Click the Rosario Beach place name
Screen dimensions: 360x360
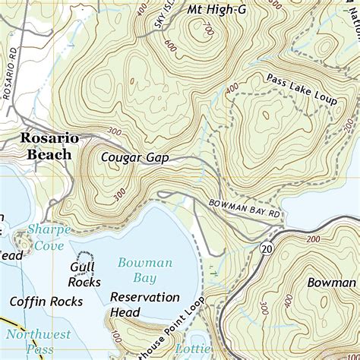(x=48, y=147)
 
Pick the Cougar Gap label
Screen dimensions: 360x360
(x=133, y=158)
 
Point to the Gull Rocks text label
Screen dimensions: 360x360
(x=84, y=275)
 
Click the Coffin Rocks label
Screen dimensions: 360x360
(x=41, y=302)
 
